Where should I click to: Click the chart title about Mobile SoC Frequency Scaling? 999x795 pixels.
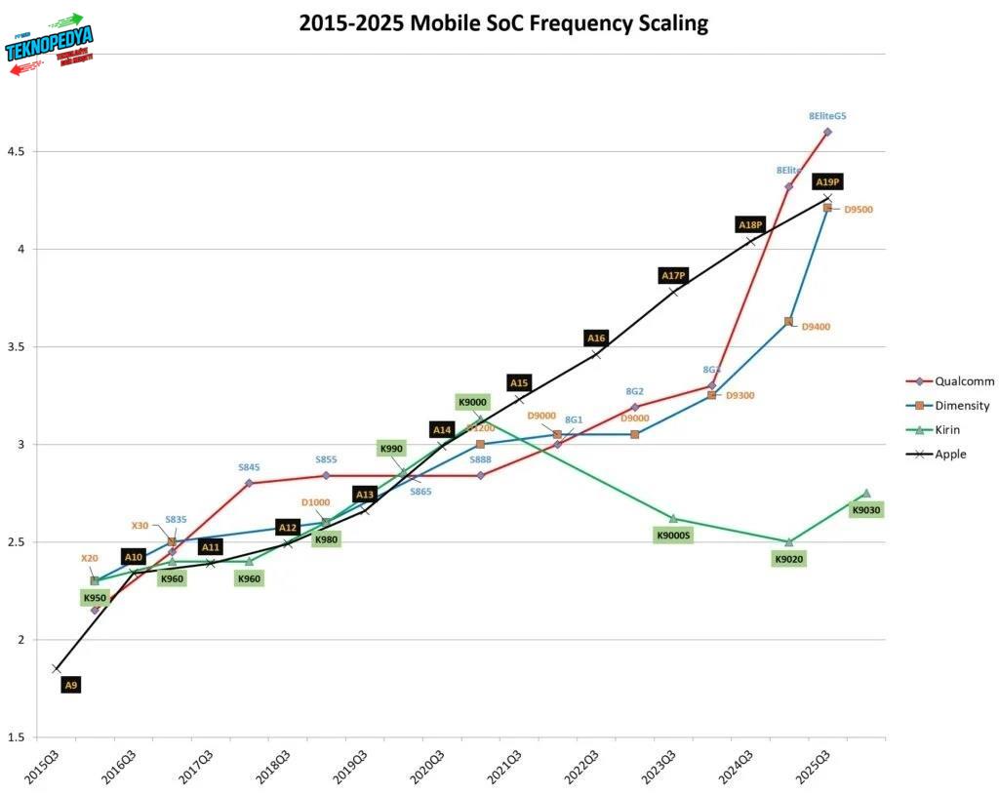pyautogui.click(x=503, y=23)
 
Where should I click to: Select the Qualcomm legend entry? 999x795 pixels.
pyautogui.click(x=962, y=381)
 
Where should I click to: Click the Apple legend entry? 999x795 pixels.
pyautogui.click(x=950, y=454)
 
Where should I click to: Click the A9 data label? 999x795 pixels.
pyautogui.click(x=70, y=686)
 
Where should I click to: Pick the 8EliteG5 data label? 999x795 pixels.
pyautogui.click(x=827, y=116)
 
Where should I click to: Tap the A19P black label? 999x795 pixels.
pyautogui.click(x=827, y=181)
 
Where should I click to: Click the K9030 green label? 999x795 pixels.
pyautogui.click(x=865, y=509)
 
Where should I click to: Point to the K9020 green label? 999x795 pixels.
pyautogui.click(x=788, y=559)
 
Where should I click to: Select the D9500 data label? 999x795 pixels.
pyautogui.click(x=859, y=209)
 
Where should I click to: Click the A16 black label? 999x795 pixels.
pyautogui.click(x=596, y=338)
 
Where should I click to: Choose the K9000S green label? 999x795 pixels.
pyautogui.click(x=673, y=535)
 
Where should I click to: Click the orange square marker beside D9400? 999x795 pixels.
pyautogui.click(x=788, y=321)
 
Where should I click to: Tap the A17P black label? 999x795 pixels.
pyautogui.click(x=673, y=276)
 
